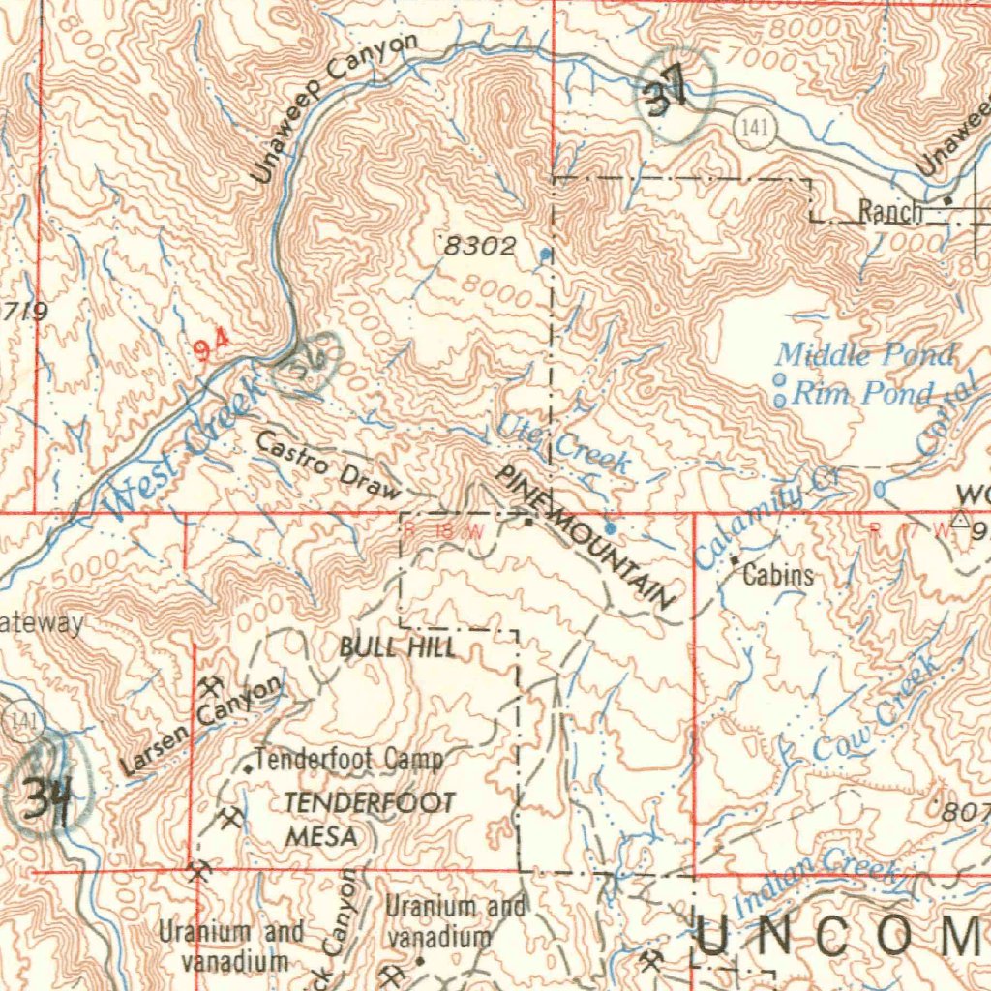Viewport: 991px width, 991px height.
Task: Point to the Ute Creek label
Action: (x=563, y=444)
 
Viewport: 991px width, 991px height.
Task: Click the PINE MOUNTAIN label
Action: (x=585, y=537)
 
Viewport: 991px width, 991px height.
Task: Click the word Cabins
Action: (x=778, y=576)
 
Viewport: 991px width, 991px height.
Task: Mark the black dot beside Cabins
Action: (x=735, y=560)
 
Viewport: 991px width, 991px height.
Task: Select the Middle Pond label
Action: (x=864, y=355)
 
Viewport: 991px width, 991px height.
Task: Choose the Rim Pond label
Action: (x=863, y=393)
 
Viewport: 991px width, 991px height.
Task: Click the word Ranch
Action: (x=890, y=212)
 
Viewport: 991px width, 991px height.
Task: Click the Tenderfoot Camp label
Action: (x=349, y=760)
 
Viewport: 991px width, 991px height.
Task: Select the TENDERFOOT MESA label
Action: (x=368, y=819)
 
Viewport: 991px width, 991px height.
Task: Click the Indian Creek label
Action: (x=815, y=882)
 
